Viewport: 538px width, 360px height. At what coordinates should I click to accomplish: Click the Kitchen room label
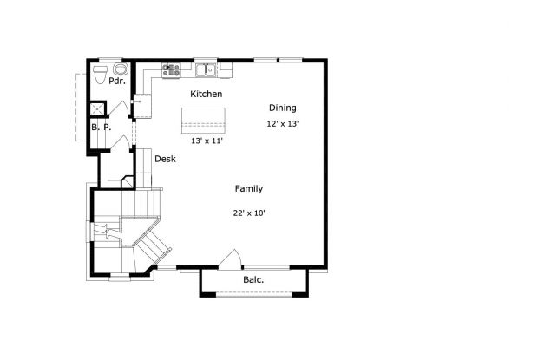tap(206, 94)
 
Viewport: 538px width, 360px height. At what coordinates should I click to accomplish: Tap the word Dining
tap(282, 108)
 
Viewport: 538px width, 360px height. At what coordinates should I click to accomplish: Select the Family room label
tap(248, 188)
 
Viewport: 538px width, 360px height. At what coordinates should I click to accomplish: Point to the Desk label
tap(165, 160)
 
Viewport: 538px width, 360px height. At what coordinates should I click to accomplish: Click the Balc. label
tap(253, 280)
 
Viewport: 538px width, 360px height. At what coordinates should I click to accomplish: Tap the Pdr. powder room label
tap(117, 81)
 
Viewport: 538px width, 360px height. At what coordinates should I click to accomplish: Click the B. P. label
tap(101, 128)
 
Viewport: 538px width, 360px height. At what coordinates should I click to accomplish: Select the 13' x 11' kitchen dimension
tap(207, 140)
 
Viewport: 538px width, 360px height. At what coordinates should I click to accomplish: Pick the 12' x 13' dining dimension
tap(282, 124)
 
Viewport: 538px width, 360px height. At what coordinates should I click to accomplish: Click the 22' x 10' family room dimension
tap(248, 213)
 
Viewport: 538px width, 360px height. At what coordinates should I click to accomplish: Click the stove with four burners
tap(170, 69)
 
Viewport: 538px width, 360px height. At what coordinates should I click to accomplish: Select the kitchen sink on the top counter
tap(205, 69)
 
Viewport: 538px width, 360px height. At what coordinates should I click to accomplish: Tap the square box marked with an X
tap(97, 108)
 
